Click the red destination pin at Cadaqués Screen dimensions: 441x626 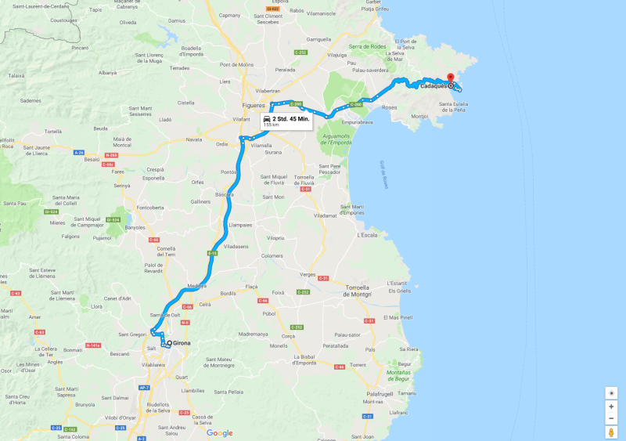coord(450,78)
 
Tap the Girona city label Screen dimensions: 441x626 coord(182,343)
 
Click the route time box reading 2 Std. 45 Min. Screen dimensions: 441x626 coord(286,121)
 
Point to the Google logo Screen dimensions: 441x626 coord(219,432)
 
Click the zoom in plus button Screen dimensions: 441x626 coord(611,406)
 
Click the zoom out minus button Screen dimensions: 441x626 coord(611,418)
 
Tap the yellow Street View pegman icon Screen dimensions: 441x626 coord(611,432)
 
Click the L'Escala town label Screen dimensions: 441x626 coord(368,235)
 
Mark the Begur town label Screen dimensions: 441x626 coord(404,363)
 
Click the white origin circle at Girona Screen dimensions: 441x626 coord(169,343)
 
